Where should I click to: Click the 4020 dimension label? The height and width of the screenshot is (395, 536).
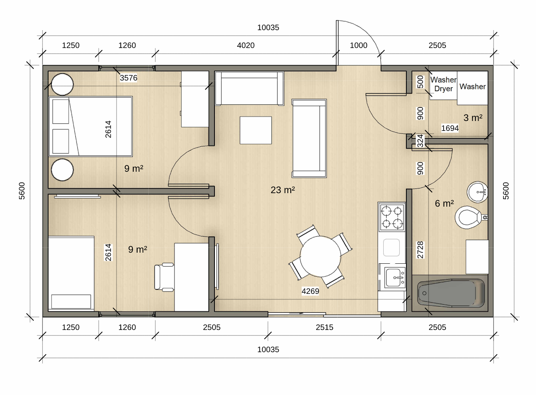(245, 45)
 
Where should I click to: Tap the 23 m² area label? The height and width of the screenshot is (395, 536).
(283, 190)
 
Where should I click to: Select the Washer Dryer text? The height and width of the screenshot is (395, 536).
(443, 84)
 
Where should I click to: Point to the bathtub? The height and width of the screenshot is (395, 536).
(451, 293)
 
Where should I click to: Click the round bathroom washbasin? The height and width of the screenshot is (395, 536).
(477, 192)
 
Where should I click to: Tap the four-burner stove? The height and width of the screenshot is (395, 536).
(392, 217)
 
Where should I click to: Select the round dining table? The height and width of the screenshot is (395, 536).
(320, 257)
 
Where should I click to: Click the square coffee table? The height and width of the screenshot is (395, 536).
(256, 130)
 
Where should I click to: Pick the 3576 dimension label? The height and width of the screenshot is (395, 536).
(128, 78)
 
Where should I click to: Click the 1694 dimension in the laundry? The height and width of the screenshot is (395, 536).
(450, 128)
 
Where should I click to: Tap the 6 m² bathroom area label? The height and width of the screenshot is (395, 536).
(444, 203)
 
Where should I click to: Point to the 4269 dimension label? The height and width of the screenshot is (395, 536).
(310, 291)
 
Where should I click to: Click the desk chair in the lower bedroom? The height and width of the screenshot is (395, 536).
(164, 277)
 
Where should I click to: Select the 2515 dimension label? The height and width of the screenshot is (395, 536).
(324, 327)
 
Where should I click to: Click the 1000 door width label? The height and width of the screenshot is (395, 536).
(358, 45)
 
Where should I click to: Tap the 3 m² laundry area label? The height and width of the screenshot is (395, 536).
(473, 118)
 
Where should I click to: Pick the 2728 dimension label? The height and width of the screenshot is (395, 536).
(420, 250)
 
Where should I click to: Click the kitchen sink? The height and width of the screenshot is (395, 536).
(395, 278)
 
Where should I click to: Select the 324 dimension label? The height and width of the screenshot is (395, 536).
(420, 141)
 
